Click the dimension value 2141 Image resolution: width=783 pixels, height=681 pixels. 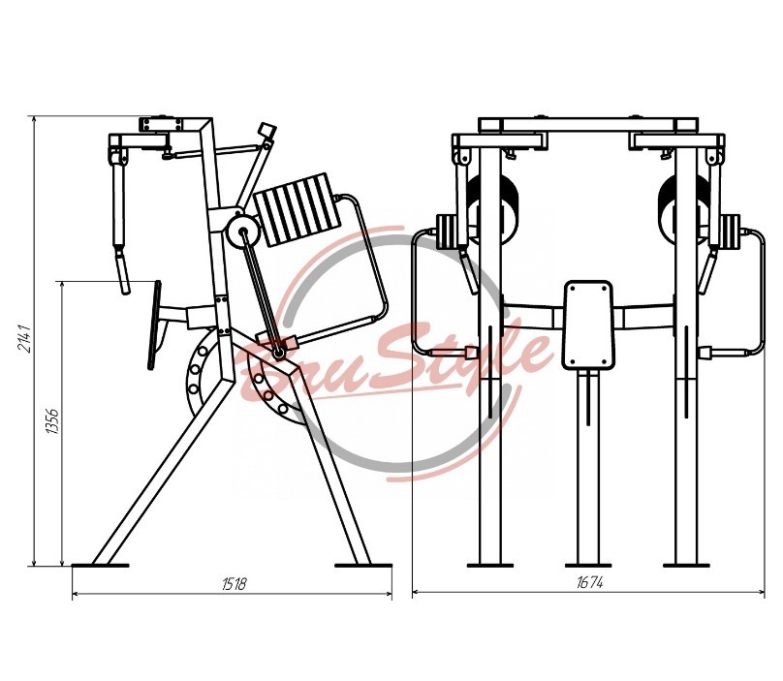click(x=25, y=338)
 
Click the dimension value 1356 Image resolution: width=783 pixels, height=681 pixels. click(x=52, y=421)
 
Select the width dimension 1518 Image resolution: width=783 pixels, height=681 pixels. click(x=234, y=583)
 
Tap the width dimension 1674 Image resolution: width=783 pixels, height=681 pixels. click(x=590, y=582)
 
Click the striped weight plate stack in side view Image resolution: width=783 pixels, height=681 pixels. click(x=298, y=209)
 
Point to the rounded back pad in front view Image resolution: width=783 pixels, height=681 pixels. click(x=588, y=325)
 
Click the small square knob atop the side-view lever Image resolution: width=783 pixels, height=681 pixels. click(x=267, y=130)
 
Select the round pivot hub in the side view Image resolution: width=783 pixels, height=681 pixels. click(x=242, y=232)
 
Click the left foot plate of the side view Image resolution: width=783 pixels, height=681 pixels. click(x=100, y=566)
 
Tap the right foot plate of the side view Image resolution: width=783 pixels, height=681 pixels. click(x=363, y=566)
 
